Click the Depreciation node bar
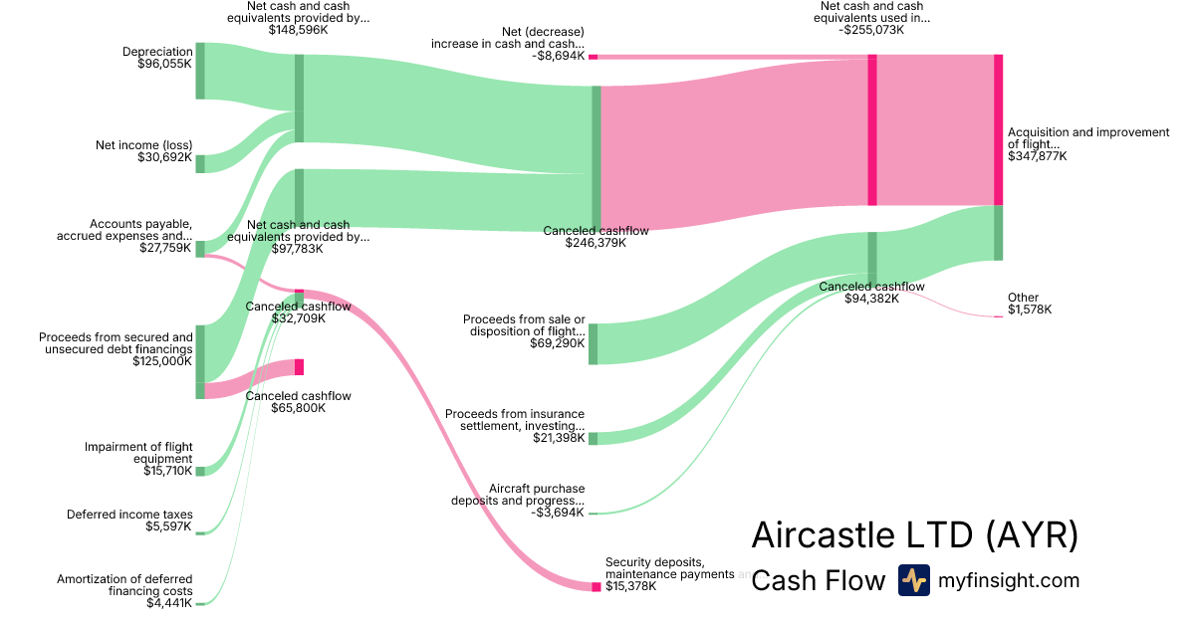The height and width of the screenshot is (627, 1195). coord(200,71)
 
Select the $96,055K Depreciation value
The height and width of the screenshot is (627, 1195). coord(164,65)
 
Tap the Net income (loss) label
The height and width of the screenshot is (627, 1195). coord(143,145)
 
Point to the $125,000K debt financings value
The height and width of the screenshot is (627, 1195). coord(162,362)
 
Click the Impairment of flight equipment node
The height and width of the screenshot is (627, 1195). coord(200,471)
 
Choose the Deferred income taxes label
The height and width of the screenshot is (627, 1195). coord(129,515)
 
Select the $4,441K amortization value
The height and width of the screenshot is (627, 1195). coord(169,603)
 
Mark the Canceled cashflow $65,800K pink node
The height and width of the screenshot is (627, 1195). coord(299,367)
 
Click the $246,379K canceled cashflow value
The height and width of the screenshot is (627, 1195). coord(596,243)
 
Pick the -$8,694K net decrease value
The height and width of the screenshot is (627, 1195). coord(558,57)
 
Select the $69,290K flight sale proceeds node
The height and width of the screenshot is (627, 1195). coord(594,343)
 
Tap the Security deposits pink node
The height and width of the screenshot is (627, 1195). coord(597,587)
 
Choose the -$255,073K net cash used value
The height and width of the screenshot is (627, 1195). coord(871,30)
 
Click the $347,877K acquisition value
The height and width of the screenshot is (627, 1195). coord(1036,156)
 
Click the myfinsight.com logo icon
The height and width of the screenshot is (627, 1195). coord(913,580)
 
